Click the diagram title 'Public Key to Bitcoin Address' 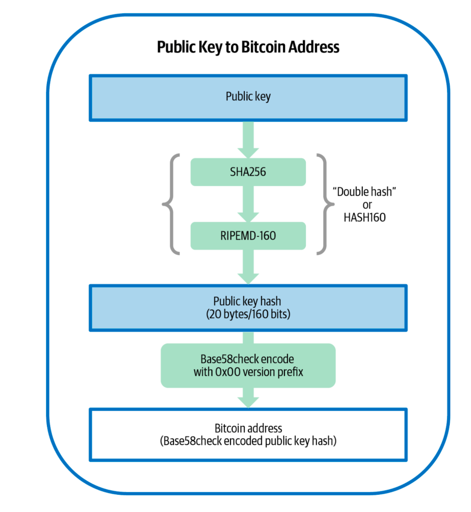click(x=248, y=47)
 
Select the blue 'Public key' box click(x=248, y=98)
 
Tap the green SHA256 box click(x=248, y=172)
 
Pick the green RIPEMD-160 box click(x=248, y=236)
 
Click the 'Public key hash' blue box click(x=248, y=308)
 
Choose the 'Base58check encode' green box click(x=248, y=366)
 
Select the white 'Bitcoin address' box click(x=248, y=434)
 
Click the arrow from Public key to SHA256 click(x=248, y=139)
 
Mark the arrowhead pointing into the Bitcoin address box click(x=248, y=401)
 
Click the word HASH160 click(x=365, y=218)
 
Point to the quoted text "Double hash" click(x=365, y=192)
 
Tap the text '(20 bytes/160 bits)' click(x=248, y=314)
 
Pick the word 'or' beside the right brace click(x=367, y=205)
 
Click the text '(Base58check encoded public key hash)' click(x=248, y=441)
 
